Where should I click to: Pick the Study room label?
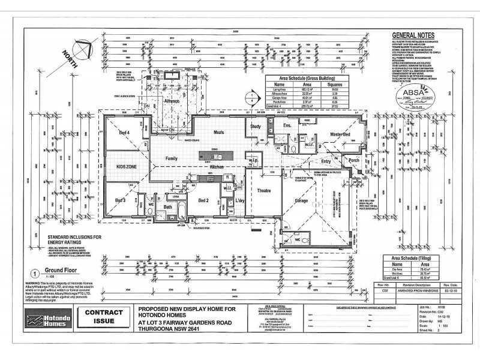coord(256,127)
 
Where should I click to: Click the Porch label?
coord(353,160)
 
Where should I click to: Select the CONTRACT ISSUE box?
coord(104,317)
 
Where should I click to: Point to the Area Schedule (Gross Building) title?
coord(307,79)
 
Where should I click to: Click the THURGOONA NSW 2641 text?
coord(178,329)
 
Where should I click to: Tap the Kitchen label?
coord(217,166)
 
